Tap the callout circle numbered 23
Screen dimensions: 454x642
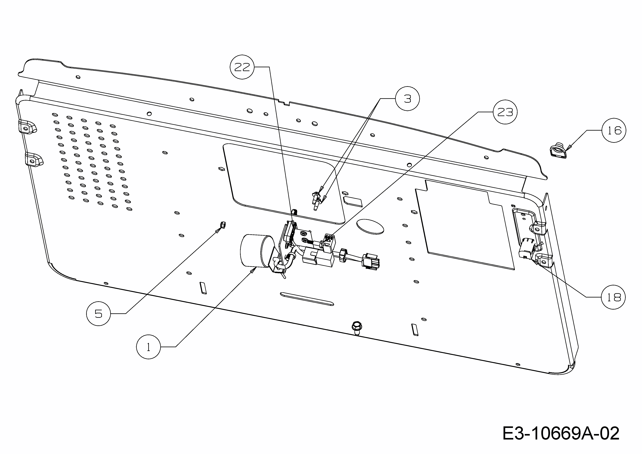[505, 112]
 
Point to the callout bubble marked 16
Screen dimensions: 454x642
[614, 130]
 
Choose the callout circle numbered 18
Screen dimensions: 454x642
[613, 297]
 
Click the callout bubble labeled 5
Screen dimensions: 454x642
[98, 314]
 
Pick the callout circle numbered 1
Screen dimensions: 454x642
[148, 347]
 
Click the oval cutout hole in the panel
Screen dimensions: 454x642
[370, 226]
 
